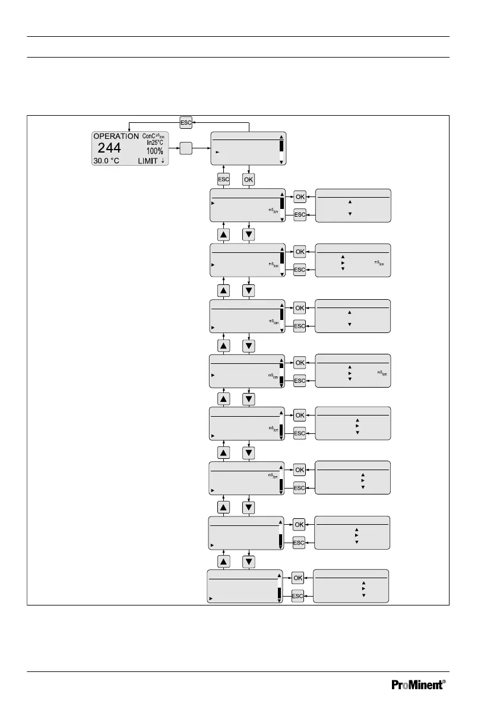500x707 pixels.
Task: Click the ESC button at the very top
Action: pyautogui.click(x=186, y=122)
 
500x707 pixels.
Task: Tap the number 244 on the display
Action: pyautogui.click(x=109, y=148)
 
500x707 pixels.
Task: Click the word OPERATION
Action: pyautogui.click(x=116, y=136)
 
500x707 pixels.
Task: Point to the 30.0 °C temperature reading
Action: pyautogui.click(x=106, y=161)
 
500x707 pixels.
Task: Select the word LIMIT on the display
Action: pyautogui.click(x=148, y=161)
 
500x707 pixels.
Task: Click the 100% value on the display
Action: pyautogui.click(x=156, y=151)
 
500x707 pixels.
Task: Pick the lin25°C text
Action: pyautogui.click(x=156, y=142)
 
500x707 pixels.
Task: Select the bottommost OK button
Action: pyautogui.click(x=298, y=578)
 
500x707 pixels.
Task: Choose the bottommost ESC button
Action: pyautogui.click(x=298, y=595)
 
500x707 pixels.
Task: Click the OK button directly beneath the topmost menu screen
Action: pyautogui.click(x=249, y=179)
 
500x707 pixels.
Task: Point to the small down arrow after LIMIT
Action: pyautogui.click(x=163, y=160)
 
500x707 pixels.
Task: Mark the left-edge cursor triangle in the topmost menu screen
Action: pyautogui.click(x=217, y=153)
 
